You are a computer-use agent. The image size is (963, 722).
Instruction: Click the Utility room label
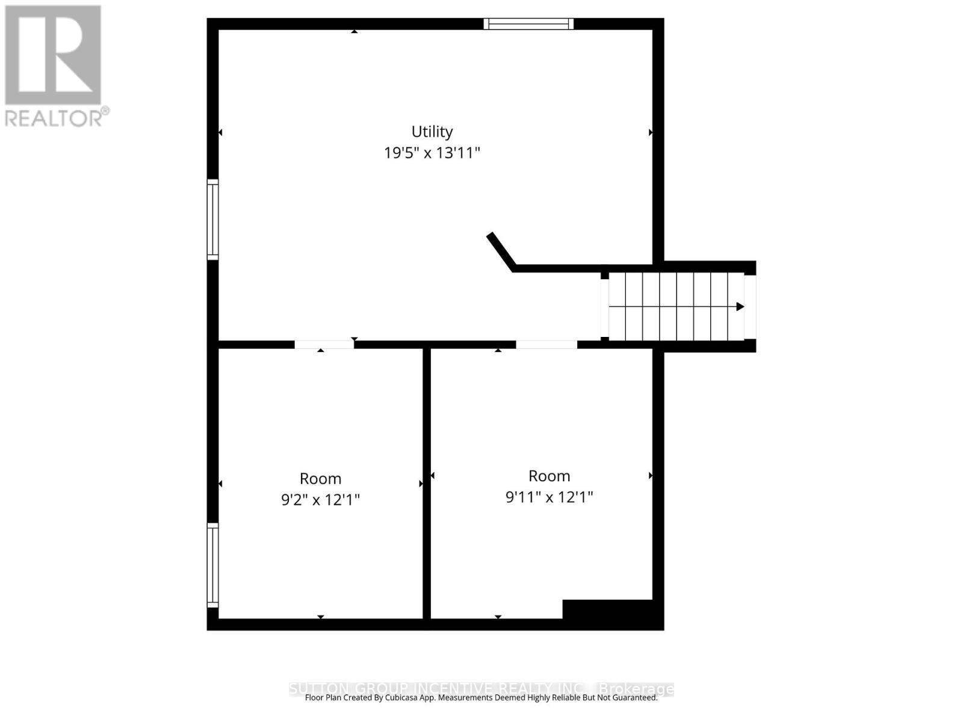pos(432,131)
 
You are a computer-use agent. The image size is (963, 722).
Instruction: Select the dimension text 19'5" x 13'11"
pos(432,153)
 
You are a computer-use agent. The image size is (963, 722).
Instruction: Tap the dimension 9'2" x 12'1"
pos(320,500)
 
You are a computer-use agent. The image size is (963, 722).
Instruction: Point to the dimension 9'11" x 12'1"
pos(549,498)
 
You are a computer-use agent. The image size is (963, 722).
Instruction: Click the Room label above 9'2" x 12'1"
pos(320,479)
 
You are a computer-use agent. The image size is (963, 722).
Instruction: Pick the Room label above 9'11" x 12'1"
pos(549,476)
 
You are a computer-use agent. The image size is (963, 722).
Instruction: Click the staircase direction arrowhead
pos(740,307)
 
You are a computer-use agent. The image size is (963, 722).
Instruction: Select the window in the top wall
pos(528,24)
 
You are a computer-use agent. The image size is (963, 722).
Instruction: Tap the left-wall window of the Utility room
pos(212,220)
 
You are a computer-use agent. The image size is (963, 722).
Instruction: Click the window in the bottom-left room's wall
pos(212,565)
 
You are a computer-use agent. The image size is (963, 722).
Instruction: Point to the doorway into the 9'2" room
pos(324,345)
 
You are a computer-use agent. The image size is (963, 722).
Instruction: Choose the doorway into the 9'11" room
pos(546,345)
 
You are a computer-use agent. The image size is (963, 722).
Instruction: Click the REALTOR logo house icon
pos(53,55)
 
